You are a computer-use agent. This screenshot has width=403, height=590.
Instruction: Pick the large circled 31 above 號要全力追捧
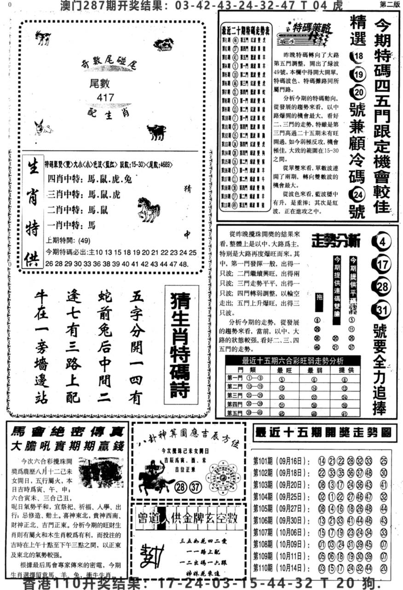[x=382, y=312]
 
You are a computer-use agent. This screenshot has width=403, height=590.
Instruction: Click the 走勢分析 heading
[x=336, y=240]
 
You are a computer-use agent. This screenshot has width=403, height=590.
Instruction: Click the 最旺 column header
[x=282, y=370]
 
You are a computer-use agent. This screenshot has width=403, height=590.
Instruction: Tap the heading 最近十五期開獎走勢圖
[x=325, y=433]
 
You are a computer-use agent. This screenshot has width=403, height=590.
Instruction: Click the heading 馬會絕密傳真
[x=66, y=432]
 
